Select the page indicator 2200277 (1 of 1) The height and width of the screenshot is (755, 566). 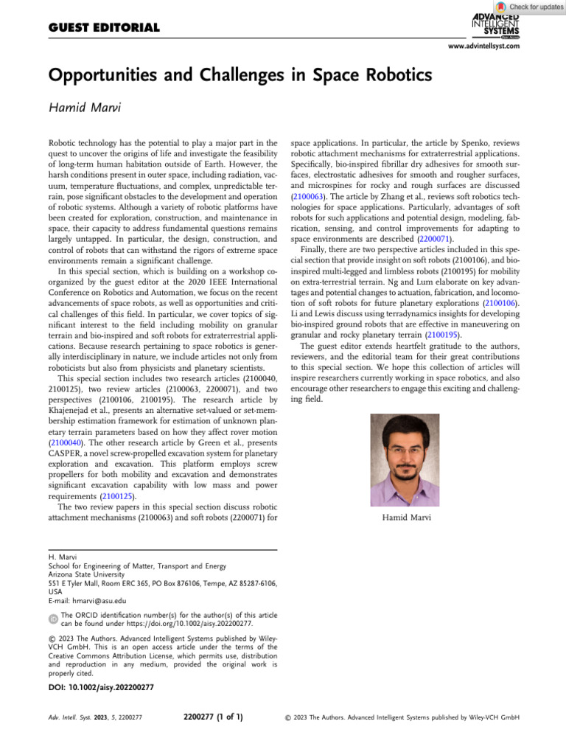(x=212, y=715)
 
